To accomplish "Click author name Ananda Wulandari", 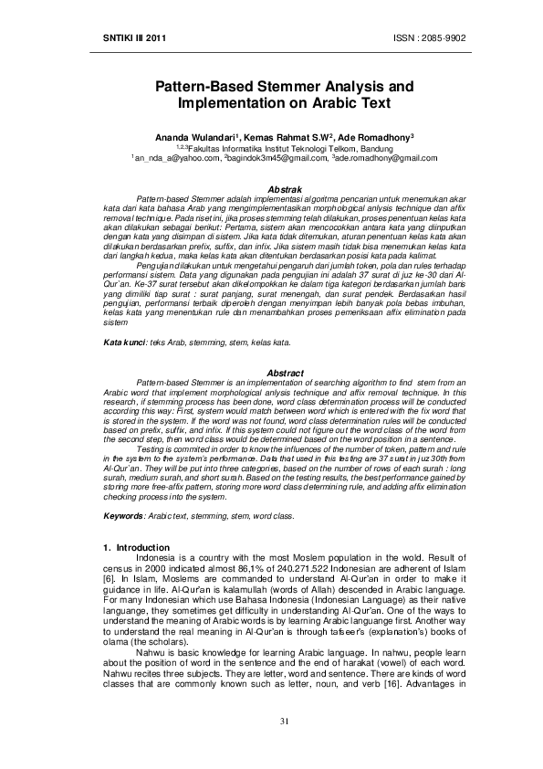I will point(190,136).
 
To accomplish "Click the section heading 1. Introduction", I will point(138,546).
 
